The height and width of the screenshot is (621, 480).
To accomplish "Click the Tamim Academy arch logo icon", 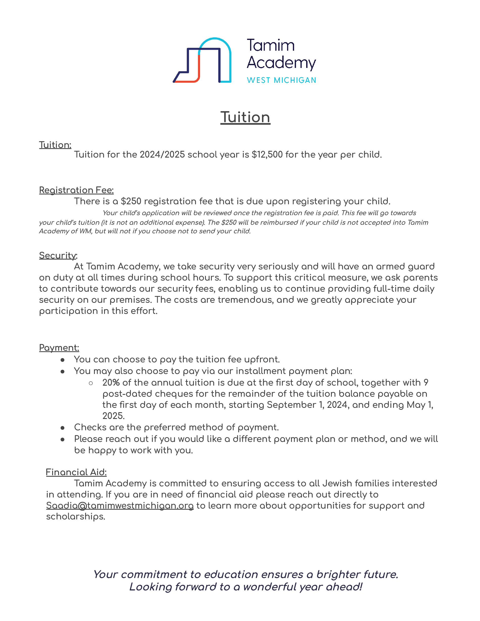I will [202, 60].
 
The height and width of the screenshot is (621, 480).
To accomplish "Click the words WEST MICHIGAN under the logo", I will [281, 80].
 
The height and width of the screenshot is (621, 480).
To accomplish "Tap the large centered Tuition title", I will [245, 117].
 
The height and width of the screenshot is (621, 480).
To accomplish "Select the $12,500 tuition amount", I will [267, 154].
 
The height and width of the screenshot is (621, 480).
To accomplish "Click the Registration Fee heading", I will [76, 190].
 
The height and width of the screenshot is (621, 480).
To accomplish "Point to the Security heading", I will [58, 255].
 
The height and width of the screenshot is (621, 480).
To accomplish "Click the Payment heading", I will [59, 347].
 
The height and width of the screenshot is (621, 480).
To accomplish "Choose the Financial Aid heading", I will [76, 472].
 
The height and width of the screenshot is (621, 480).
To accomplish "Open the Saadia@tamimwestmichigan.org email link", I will [120, 505].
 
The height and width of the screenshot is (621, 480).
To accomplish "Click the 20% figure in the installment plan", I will [111, 382].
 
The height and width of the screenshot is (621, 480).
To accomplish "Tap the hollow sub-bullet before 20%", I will [91, 383].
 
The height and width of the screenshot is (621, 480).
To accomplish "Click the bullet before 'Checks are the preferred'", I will [63, 428].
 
